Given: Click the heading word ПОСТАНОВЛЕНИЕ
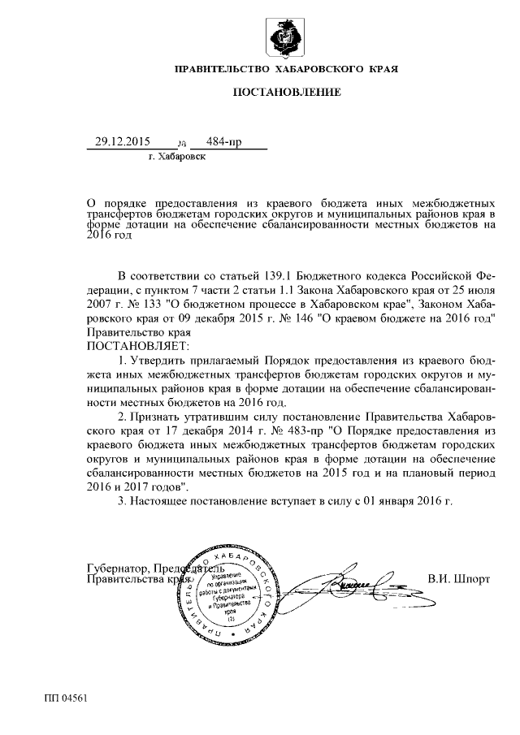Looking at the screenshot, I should [287, 93].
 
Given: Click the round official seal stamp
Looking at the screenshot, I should [225, 592].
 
